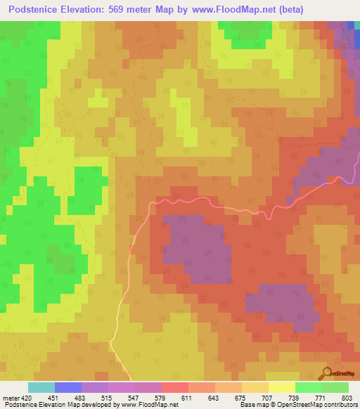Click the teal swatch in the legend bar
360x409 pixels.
pyautogui.click(x=41, y=387)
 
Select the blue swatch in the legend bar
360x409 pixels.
pyautogui.click(x=68, y=387)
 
